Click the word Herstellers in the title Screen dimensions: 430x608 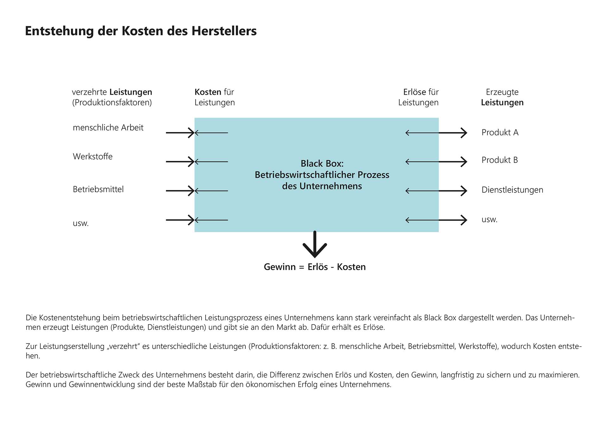click(224, 31)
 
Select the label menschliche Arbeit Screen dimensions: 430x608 click(108, 128)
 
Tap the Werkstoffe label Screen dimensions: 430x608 click(92, 156)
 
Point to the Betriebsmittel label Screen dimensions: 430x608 click(98, 189)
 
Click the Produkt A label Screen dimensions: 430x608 click(500, 132)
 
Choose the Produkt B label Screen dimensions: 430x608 click(499, 160)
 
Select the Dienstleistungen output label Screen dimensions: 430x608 click(512, 190)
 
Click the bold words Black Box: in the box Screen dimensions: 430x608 click(322, 163)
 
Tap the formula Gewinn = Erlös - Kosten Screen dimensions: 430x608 click(314, 267)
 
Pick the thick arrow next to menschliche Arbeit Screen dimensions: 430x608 click(180, 133)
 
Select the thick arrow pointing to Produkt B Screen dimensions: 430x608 click(453, 162)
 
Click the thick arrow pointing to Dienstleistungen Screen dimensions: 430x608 click(453, 191)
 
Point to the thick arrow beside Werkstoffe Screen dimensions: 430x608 click(180, 162)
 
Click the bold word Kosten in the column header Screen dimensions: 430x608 click(208, 92)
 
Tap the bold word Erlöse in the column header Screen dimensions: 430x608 click(414, 92)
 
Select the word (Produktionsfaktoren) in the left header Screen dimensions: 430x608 click(112, 103)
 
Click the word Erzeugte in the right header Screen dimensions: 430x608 click(502, 92)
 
